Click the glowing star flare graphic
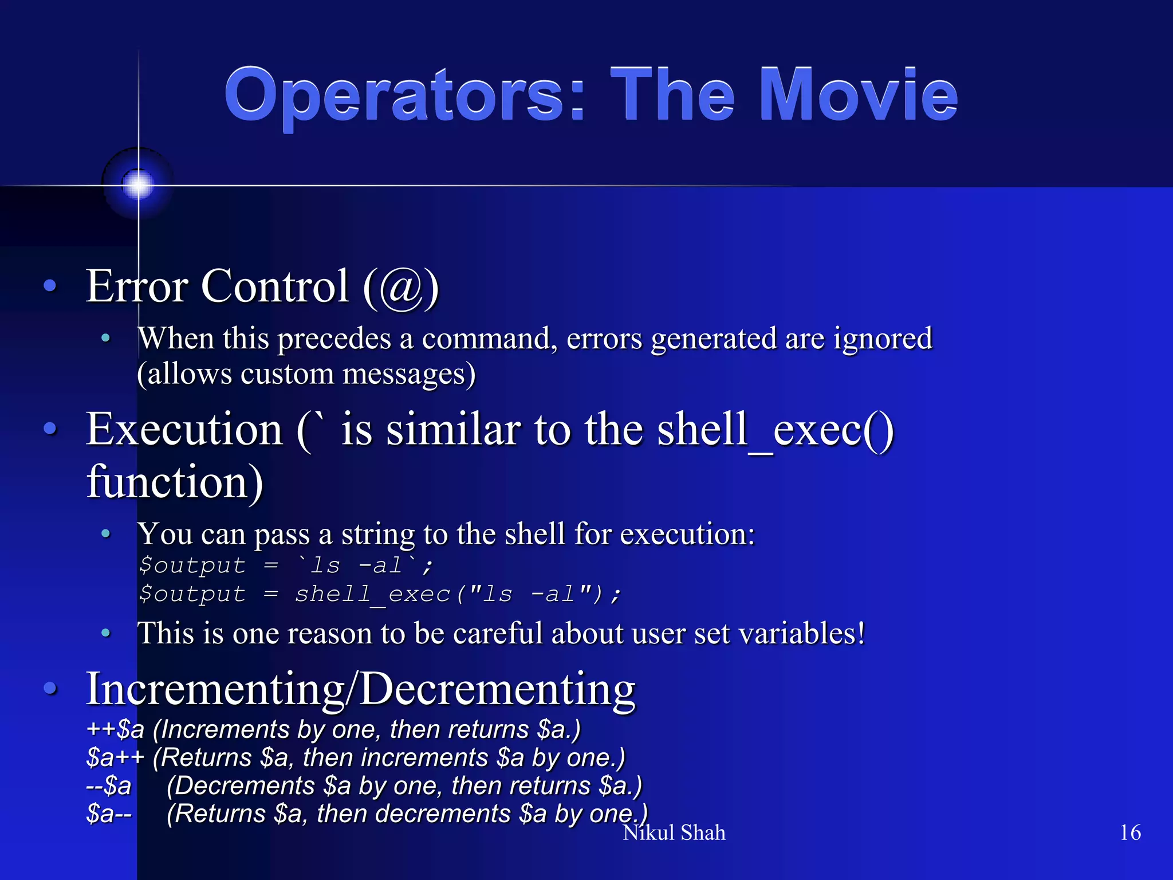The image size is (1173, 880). point(138,184)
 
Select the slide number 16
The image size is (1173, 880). point(1130,832)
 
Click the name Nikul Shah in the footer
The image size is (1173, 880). point(674,833)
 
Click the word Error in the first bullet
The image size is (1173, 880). point(137,286)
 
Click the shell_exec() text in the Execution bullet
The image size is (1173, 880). point(775,430)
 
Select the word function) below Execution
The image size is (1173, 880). point(175,482)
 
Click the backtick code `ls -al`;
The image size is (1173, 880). point(364,566)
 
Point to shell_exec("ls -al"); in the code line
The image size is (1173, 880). point(457,594)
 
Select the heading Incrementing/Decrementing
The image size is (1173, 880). point(360,689)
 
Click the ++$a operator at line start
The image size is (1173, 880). point(115,730)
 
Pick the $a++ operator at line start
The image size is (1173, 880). point(115,758)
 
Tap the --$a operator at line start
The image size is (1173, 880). point(109,786)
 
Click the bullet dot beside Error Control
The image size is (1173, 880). point(50,285)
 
